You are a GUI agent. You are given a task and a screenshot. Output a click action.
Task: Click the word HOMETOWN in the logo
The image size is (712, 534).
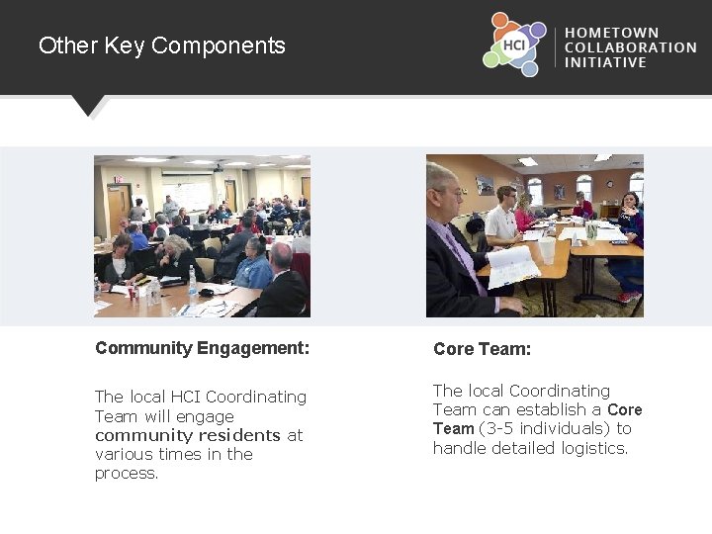pyautogui.click(x=611, y=33)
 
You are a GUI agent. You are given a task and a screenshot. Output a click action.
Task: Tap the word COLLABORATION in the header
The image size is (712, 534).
pyautogui.click(x=630, y=47)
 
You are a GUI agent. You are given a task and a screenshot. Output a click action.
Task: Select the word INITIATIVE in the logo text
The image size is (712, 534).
pyautogui.click(x=605, y=62)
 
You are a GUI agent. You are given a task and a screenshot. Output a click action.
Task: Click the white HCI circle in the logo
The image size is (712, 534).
pyautogui.click(x=514, y=44)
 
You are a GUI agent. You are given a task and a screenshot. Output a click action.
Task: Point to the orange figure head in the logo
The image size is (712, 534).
pyautogui.click(x=500, y=19)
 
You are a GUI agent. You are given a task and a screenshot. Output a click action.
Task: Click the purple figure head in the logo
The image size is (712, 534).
pyautogui.click(x=538, y=31)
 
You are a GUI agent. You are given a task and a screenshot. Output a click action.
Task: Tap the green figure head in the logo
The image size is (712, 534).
pyautogui.click(x=491, y=59)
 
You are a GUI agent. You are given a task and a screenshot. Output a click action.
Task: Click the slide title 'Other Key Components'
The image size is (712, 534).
pyautogui.click(x=162, y=45)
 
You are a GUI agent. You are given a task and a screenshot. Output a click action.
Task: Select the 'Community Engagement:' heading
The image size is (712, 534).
pyautogui.click(x=202, y=348)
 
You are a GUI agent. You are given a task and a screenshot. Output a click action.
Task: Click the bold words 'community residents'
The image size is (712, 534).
pyautogui.click(x=188, y=435)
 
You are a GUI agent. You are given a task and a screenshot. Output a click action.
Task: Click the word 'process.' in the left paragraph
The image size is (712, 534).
pyautogui.click(x=127, y=473)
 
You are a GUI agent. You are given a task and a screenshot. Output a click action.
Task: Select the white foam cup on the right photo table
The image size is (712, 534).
pyautogui.click(x=547, y=250)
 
